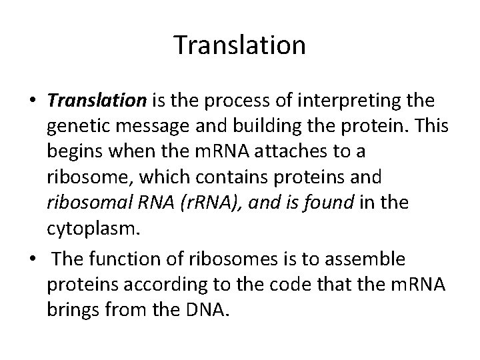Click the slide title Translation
[x=239, y=45]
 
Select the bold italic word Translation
[x=97, y=101]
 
